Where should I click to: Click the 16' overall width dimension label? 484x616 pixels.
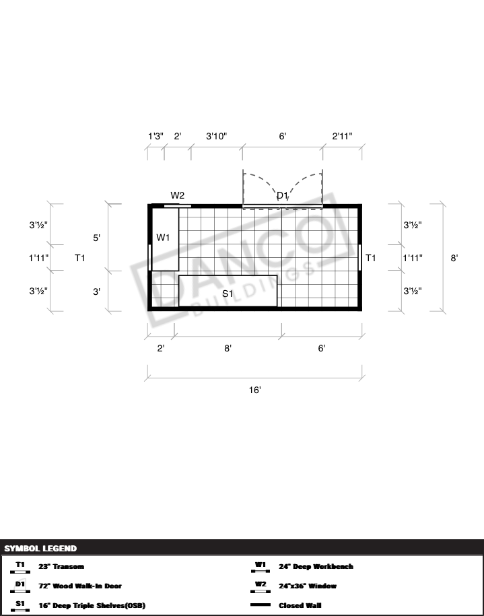pos(255,390)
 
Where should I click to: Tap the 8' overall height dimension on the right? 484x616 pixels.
pos(454,258)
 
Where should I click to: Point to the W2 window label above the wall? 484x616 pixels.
pos(178,195)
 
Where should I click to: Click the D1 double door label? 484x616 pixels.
pos(283,196)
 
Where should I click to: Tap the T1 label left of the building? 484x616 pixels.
pos(79,258)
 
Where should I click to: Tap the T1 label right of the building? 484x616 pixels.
pos(370,258)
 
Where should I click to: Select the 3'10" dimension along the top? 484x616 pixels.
pos(217,136)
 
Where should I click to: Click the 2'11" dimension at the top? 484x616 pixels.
pos(342,136)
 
